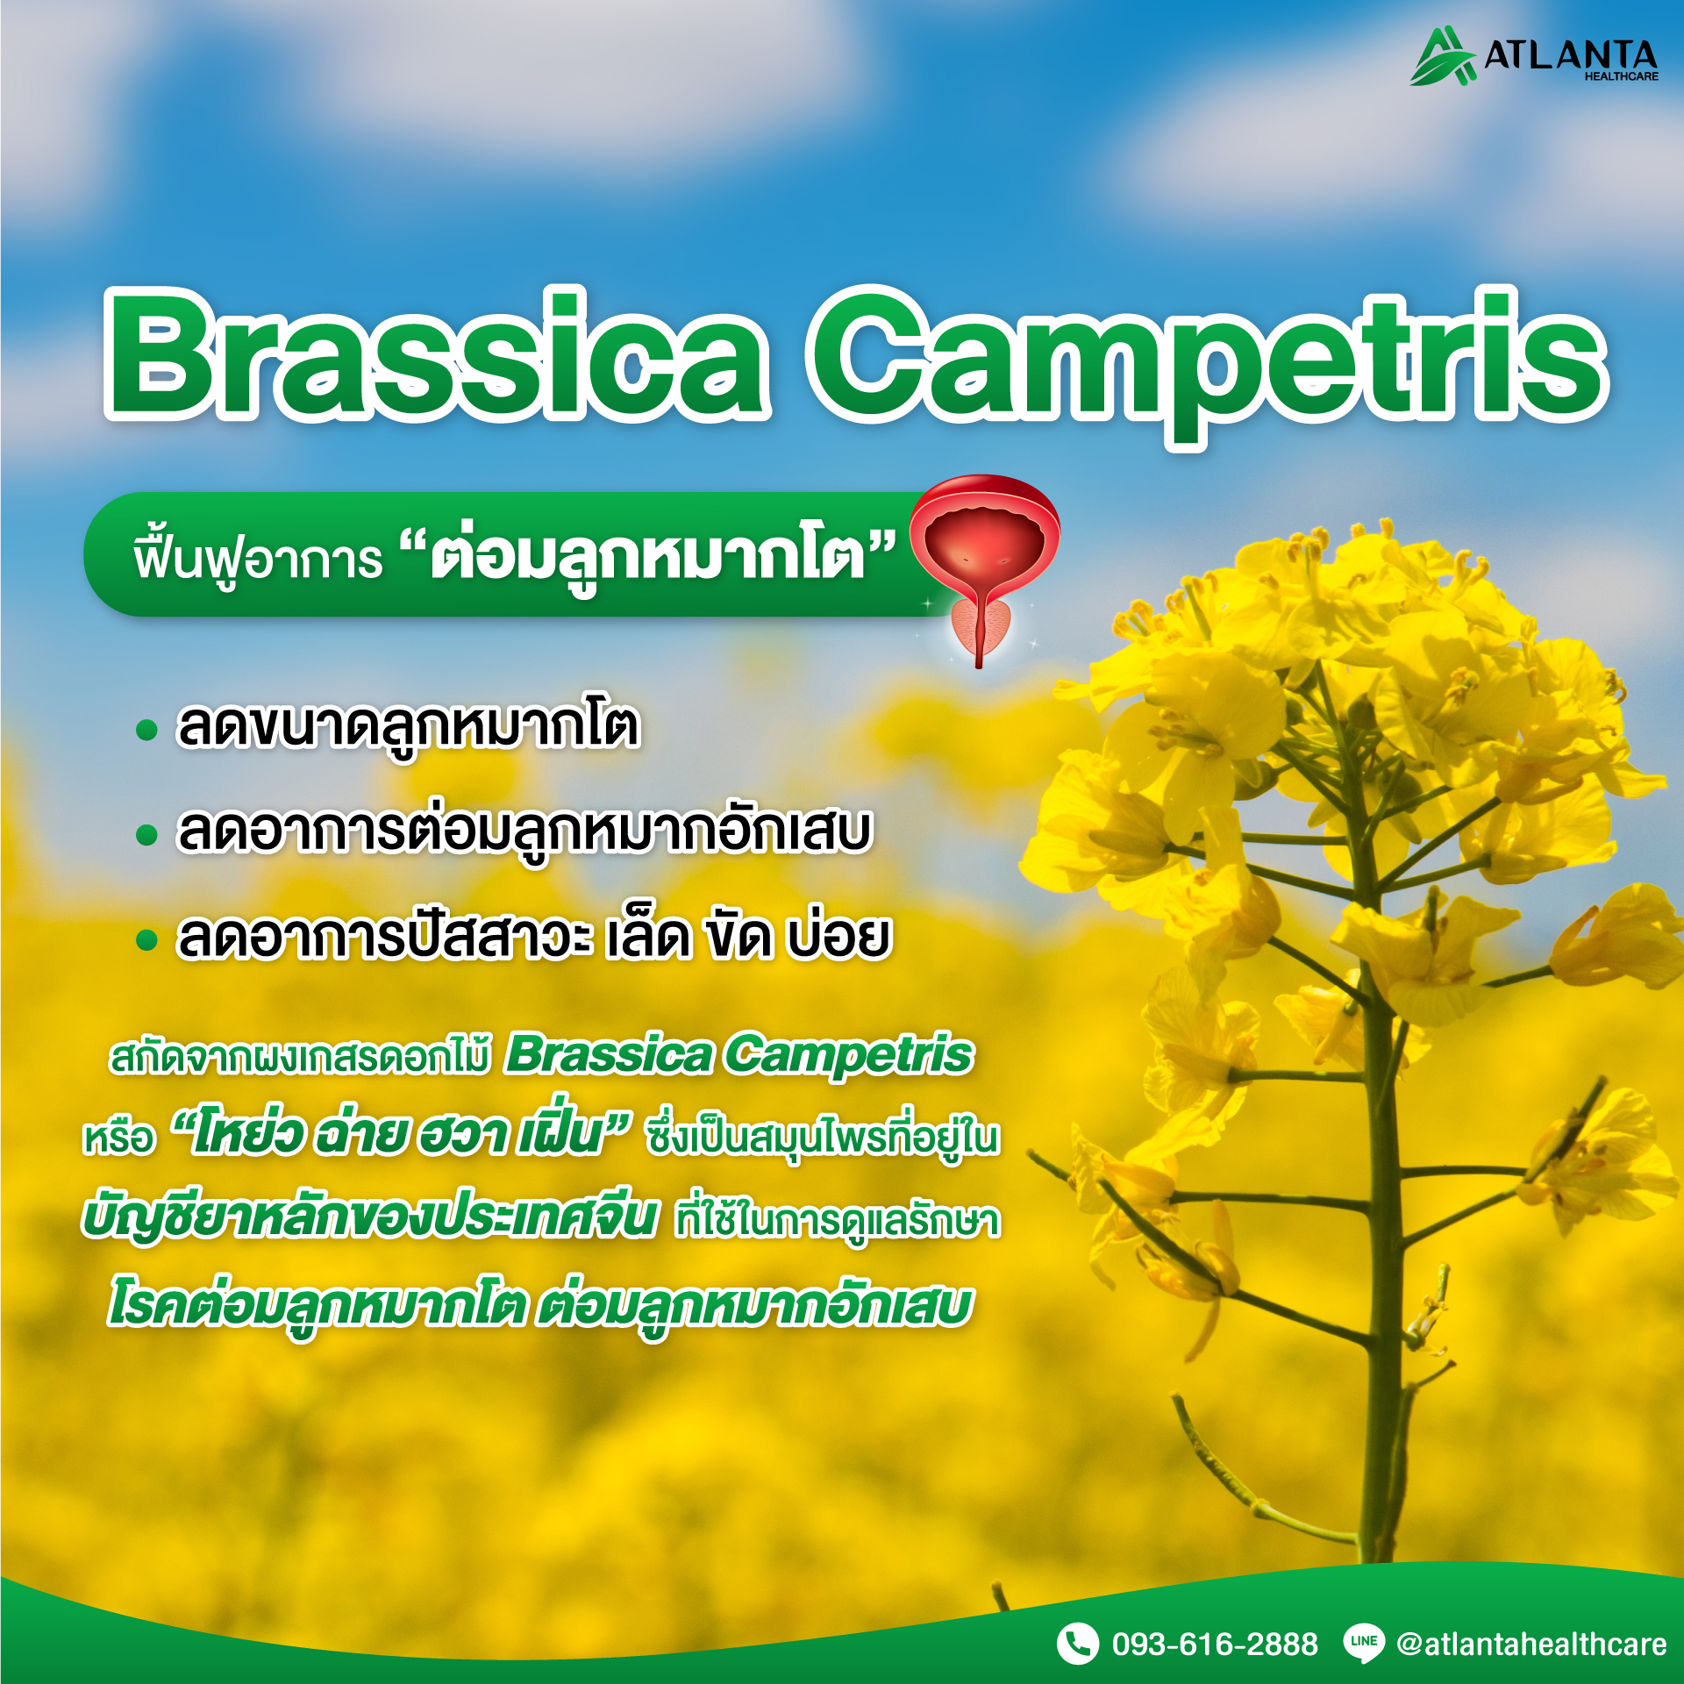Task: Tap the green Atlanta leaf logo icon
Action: [x=1442, y=56]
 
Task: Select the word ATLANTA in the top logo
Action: [x=1570, y=54]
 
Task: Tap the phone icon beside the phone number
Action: [x=1077, y=1643]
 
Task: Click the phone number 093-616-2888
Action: [x=1215, y=1644]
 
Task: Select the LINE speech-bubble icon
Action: [x=1364, y=1644]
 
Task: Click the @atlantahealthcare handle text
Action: [x=1531, y=1644]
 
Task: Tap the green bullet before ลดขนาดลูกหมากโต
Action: [x=146, y=730]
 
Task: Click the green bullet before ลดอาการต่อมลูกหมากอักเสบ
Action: [x=146, y=835]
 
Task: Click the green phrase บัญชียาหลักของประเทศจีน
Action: [x=368, y=1218]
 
